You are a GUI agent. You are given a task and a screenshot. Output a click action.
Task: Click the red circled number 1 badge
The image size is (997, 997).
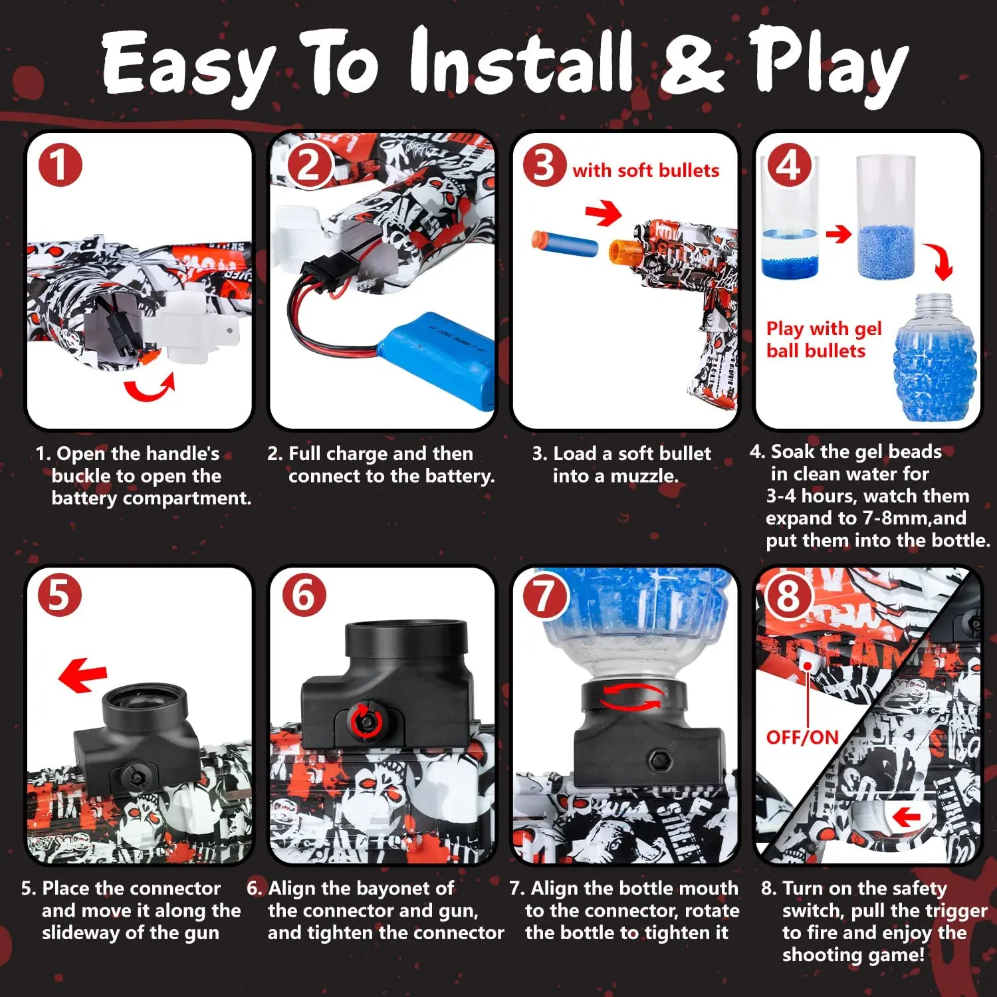pyautogui.click(x=60, y=166)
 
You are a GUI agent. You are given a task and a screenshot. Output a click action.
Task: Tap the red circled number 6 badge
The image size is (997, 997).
pyautogui.click(x=304, y=594)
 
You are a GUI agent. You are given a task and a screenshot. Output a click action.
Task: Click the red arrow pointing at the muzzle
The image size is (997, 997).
pyautogui.click(x=603, y=213)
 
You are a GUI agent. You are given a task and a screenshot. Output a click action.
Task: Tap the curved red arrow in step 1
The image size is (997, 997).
pyautogui.click(x=150, y=389)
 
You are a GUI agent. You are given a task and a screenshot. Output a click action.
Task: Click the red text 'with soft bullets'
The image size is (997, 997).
pyautogui.click(x=645, y=171)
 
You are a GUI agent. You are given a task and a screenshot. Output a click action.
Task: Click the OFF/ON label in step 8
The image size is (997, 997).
pyautogui.click(x=802, y=737)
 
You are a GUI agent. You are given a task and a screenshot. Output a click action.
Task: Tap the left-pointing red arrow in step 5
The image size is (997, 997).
pyautogui.click(x=83, y=675)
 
